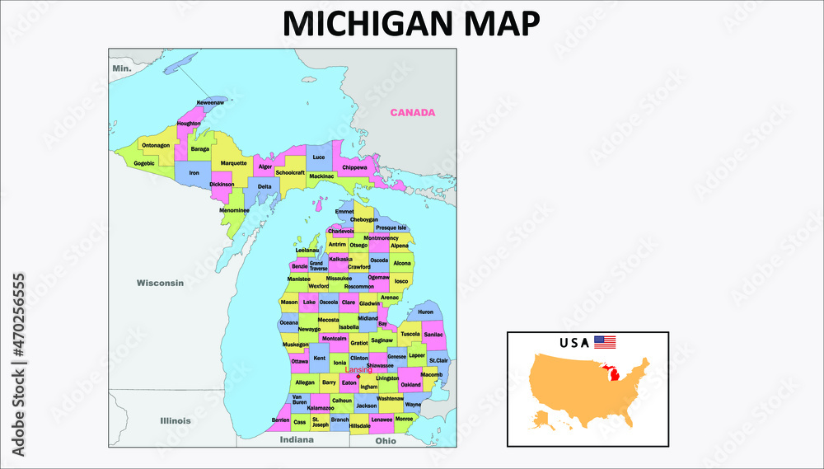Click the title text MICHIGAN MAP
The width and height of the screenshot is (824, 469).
(411, 24)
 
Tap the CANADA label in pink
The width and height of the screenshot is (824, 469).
(412, 113)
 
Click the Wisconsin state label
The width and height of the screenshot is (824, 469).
(160, 283)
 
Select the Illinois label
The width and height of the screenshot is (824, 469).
(175, 420)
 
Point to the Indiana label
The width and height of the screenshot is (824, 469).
(296, 440)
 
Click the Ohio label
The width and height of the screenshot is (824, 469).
(386, 441)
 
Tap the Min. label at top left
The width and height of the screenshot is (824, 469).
(122, 68)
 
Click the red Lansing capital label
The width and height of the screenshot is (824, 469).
(358, 370)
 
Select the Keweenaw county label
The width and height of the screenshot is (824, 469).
(210, 102)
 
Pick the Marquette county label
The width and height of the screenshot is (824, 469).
(233, 163)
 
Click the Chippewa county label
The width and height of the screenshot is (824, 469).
(354, 167)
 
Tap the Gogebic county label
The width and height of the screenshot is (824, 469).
(144, 163)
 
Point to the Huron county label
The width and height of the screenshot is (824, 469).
(425, 312)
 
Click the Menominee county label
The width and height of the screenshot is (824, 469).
(234, 209)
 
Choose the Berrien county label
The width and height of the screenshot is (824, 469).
(280, 420)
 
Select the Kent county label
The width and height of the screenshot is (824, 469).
(320, 359)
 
